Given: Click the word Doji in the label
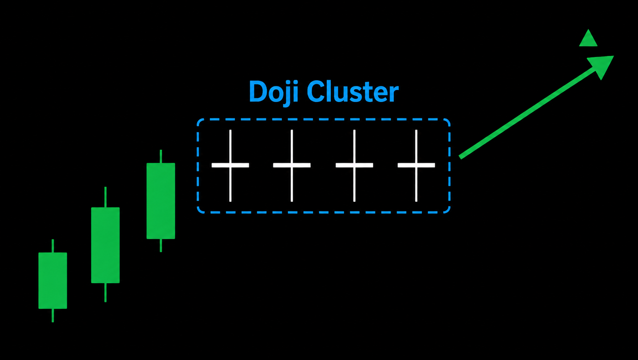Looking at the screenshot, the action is click(274, 92).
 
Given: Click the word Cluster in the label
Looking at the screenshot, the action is click(353, 91).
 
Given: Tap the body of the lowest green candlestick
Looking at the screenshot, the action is click(53, 281).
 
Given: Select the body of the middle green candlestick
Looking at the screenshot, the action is click(105, 245).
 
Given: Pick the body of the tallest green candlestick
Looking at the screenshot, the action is click(160, 201).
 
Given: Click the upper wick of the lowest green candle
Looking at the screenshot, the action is click(53, 246).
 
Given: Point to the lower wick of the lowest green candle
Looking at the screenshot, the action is click(53, 315).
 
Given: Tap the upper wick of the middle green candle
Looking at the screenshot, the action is click(105, 197).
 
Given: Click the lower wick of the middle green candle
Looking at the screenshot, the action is click(105, 292).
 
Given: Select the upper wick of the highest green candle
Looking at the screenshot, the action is click(161, 156).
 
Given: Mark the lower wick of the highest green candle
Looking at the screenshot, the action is click(161, 245).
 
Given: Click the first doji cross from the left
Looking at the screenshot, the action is click(230, 165).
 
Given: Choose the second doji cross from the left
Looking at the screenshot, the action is click(291, 165).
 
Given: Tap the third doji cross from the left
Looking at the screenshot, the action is click(354, 165).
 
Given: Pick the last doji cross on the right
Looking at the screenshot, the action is click(416, 165).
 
